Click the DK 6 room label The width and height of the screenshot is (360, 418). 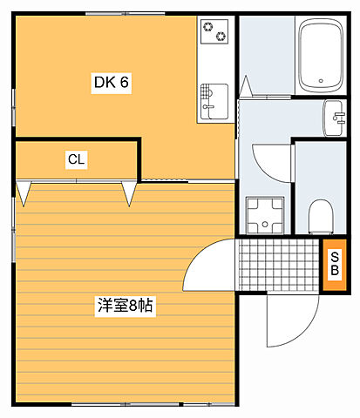(x=111, y=83)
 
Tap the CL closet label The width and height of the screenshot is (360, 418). (x=76, y=159)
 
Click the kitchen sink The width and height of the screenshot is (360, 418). (x=213, y=101)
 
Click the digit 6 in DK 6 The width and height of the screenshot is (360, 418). (x=125, y=83)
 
